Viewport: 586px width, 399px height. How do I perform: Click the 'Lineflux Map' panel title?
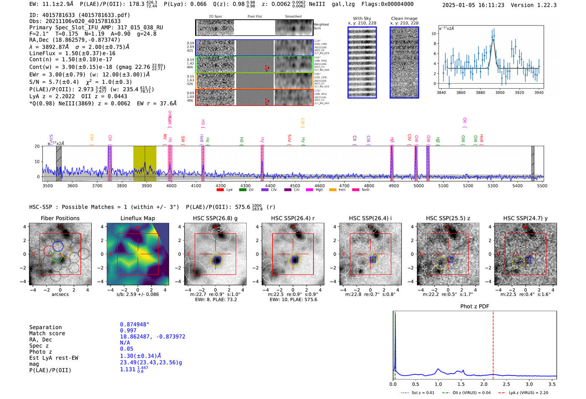point(137,218)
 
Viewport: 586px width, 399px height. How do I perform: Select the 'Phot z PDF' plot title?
point(475,306)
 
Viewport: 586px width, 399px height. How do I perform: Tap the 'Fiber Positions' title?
point(60,218)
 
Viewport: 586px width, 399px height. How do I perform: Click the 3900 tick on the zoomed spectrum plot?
point(500,93)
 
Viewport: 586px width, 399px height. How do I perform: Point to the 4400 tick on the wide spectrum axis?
point(270,186)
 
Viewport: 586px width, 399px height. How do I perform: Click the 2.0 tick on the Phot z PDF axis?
point(484,384)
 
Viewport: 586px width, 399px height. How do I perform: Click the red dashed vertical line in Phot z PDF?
point(493,343)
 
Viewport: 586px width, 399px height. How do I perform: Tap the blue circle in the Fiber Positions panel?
point(58,246)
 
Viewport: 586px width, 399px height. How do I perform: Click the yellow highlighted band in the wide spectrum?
point(144,164)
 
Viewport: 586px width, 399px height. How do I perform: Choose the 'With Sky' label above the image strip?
point(362,18)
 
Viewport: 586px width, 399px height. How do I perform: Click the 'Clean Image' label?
point(404,18)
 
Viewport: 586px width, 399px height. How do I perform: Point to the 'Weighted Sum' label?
point(321,26)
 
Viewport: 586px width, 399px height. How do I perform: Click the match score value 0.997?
point(128,331)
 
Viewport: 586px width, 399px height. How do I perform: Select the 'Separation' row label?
point(45,327)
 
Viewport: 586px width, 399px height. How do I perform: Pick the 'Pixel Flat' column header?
point(254,17)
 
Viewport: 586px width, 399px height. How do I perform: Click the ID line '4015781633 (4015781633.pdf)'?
point(80,15)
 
